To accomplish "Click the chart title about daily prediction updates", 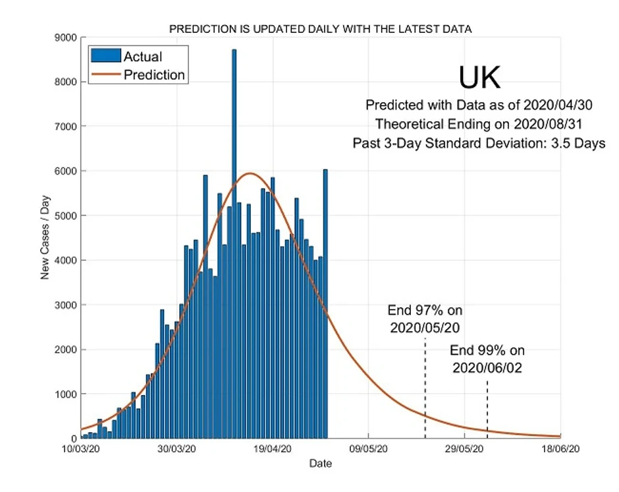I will point(320,29).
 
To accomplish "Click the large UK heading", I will point(479,78).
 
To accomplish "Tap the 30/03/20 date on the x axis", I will point(176,449).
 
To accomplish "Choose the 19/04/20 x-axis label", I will point(273,449).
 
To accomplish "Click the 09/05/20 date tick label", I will point(368,449).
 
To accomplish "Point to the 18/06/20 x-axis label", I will point(560,449).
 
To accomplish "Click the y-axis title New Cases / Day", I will point(45,237).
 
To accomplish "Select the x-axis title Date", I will point(321,464).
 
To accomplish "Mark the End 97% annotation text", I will point(421,319).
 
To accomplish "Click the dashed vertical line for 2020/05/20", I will point(425,389).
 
